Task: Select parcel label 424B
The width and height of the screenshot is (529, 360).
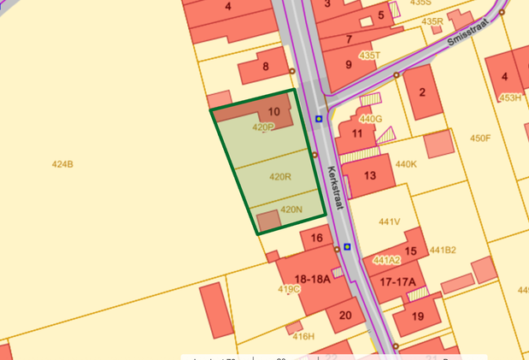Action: point(62,164)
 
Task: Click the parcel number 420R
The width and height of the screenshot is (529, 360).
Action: point(280,177)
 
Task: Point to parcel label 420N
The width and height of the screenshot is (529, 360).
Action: point(291,210)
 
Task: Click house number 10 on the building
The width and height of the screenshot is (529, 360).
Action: point(273,112)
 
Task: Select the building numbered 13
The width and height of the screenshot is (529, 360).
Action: point(370,176)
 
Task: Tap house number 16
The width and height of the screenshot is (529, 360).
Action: point(316,239)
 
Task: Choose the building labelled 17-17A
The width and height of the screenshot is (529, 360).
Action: point(397,281)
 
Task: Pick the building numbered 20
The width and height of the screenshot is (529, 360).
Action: point(345,315)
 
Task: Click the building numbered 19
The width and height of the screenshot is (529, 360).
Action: point(418,316)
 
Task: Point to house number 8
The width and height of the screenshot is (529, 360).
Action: point(266,67)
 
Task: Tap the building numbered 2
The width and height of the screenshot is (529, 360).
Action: point(421,92)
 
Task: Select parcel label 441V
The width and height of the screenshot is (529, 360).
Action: point(390,221)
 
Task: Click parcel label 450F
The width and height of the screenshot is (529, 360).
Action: point(480,138)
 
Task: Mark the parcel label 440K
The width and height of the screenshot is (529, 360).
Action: point(406,164)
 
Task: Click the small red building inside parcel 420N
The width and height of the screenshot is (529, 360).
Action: point(268,220)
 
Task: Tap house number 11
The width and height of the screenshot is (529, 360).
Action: point(357,133)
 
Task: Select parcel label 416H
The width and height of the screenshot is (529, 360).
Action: point(303,336)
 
